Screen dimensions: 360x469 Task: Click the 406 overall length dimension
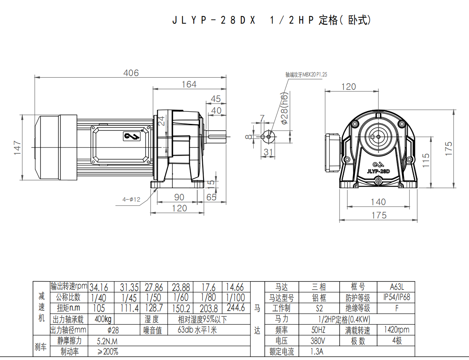[131, 73]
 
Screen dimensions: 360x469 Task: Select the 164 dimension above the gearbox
[189, 84]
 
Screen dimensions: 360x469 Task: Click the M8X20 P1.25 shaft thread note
[306, 74]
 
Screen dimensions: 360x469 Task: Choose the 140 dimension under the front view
[378, 202]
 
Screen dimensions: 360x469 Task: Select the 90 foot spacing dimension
[179, 197]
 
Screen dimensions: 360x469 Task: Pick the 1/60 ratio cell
[181, 298]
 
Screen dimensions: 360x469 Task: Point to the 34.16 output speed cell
[99, 287]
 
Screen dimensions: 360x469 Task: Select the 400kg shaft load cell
[103, 319]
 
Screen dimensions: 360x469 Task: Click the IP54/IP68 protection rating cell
[396, 298]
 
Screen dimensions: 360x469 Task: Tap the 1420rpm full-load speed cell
[396, 330]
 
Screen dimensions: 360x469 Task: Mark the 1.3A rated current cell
[316, 351]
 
